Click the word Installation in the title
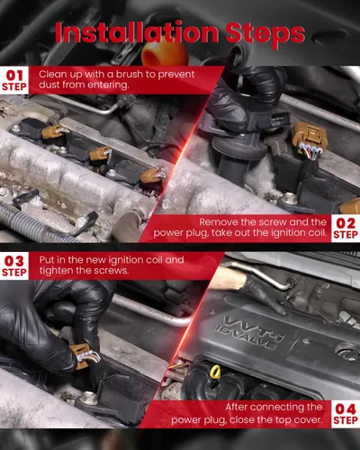pyautogui.click(x=137, y=32)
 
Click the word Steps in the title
pyautogui.click(x=265, y=34)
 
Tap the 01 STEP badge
pyautogui.click(x=14, y=80)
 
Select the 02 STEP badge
pyautogui.click(x=346, y=229)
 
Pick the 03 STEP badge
pyautogui.click(x=14, y=266)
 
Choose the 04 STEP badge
pyautogui.click(x=346, y=414)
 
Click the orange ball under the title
pyautogui.click(x=160, y=53)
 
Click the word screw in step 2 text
pyautogui.click(x=274, y=222)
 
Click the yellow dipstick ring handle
pyautogui.click(x=215, y=373)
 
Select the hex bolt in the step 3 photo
pyautogui.click(x=89, y=399)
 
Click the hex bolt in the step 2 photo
pyautogui.click(x=289, y=198)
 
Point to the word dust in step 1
pyautogui.click(x=48, y=85)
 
